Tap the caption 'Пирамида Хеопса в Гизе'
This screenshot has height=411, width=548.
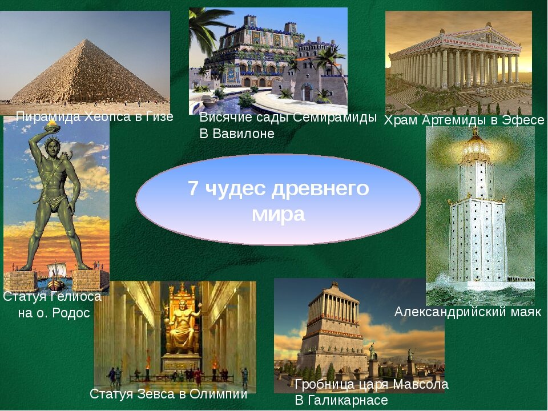point(94,117)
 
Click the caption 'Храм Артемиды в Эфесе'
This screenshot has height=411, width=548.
point(464,120)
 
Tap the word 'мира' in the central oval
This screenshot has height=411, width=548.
point(278,215)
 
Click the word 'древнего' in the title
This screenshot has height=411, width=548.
point(327,189)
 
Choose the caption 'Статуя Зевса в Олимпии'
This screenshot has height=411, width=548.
point(168,394)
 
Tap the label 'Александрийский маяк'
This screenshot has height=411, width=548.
point(468,312)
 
